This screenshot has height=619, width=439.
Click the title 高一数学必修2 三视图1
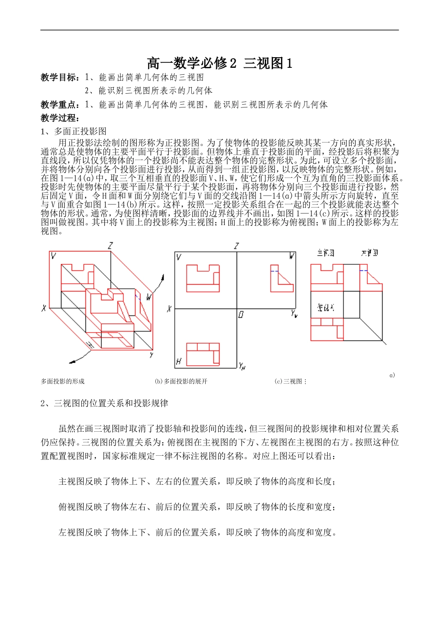(219, 63)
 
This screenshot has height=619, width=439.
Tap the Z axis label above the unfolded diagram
(237, 246)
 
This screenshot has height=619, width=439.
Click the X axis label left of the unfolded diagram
(169, 309)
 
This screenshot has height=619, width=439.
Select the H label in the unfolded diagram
(179, 362)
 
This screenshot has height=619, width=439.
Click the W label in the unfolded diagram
(292, 256)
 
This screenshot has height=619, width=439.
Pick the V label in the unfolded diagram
(179, 257)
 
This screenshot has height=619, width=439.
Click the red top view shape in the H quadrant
(203, 353)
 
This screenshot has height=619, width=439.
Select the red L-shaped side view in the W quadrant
(281, 279)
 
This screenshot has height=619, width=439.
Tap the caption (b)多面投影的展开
(181, 381)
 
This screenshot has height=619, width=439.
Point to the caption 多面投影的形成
(62, 381)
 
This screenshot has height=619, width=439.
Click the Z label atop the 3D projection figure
(110, 246)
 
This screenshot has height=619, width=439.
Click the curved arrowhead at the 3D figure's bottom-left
(72, 361)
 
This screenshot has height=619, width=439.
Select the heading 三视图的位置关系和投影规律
(110, 404)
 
